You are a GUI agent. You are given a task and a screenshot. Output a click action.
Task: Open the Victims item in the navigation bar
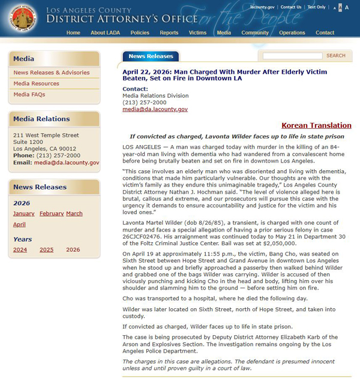click(197, 33)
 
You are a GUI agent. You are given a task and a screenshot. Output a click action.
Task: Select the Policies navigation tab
click(140, 33)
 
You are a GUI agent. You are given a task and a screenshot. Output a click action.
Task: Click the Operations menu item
click(292, 33)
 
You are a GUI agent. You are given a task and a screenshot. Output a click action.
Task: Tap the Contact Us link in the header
click(291, 7)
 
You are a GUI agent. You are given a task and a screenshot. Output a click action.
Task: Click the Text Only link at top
click(316, 7)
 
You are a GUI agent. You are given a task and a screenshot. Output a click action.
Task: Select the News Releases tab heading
click(151, 56)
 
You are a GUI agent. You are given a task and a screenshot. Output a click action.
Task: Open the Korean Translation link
click(316, 125)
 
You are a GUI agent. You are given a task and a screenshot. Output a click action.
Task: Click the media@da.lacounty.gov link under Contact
click(155, 110)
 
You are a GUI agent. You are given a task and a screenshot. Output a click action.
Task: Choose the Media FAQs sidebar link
click(29, 95)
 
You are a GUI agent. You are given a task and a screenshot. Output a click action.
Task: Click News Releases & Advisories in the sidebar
click(52, 73)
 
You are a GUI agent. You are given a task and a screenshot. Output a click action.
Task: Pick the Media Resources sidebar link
click(37, 84)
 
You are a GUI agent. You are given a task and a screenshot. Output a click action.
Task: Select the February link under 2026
click(52, 213)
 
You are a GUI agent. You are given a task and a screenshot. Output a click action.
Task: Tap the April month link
click(19, 225)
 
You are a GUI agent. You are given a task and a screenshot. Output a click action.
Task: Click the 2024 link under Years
click(20, 249)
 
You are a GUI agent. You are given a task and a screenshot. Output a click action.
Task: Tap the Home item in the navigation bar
click(73, 33)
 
